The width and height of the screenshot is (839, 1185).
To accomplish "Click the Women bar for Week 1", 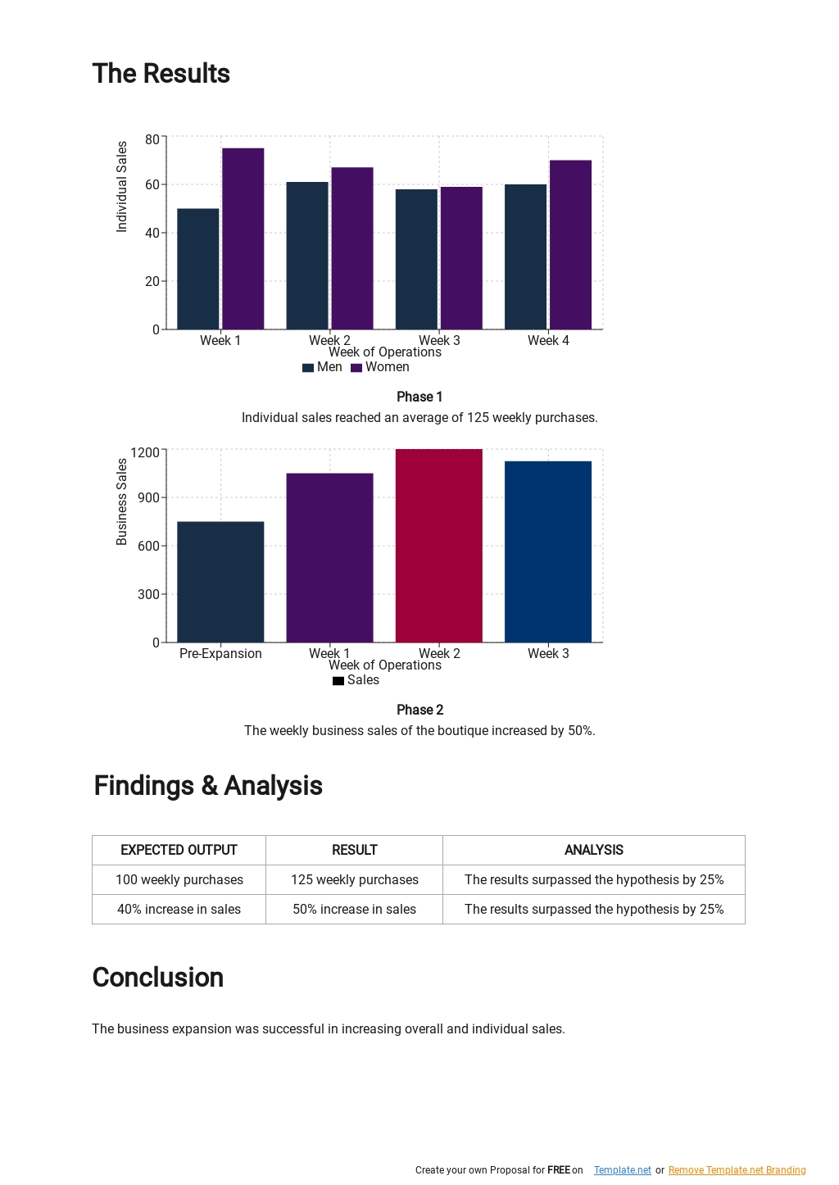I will [x=243, y=238].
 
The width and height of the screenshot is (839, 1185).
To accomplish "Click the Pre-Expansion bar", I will [x=220, y=582].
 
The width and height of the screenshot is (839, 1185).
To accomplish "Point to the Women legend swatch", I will [x=356, y=368].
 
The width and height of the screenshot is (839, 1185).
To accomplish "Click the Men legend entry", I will [x=322, y=367].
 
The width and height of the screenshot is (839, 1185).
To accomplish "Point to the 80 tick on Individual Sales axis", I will [x=152, y=139].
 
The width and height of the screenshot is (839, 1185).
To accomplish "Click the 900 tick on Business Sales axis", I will [x=148, y=497].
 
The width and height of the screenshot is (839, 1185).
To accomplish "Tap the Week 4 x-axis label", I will [x=548, y=340].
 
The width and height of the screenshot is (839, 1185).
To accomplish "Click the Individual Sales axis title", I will [x=122, y=187].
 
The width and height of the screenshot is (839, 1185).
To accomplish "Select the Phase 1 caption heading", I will [x=419, y=397].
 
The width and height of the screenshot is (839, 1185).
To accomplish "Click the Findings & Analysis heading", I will [x=208, y=785].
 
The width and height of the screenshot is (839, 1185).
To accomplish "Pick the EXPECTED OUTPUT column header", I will [x=179, y=850].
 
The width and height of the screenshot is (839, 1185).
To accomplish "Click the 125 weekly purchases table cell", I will [x=354, y=879].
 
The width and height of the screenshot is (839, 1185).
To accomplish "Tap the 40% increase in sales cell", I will [x=179, y=909].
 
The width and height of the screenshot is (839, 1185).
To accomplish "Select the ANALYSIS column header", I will [x=593, y=850].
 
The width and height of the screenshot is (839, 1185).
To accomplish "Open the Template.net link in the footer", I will [x=622, y=1170].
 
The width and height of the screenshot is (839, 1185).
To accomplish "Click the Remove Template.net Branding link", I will [x=737, y=1170].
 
